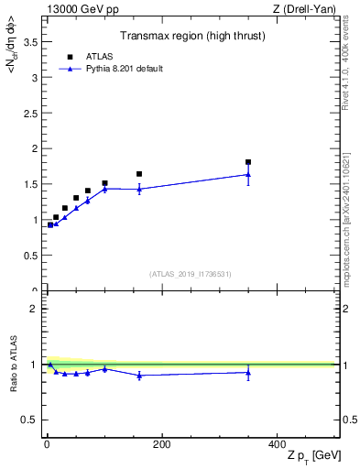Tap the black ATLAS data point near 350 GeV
(x=248, y=162)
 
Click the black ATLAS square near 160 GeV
(x=139, y=174)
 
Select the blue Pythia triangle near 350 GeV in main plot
(x=248, y=174)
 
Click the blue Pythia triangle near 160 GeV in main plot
(x=139, y=189)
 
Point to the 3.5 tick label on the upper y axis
(x=30, y=42)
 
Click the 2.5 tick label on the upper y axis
(x=30, y=113)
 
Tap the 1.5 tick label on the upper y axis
(x=30, y=184)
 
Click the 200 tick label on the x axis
(x=161, y=444)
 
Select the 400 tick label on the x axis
(x=277, y=444)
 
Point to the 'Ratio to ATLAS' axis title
(x=13, y=364)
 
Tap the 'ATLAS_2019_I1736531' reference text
(x=191, y=273)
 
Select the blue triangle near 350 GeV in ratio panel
(x=248, y=372)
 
